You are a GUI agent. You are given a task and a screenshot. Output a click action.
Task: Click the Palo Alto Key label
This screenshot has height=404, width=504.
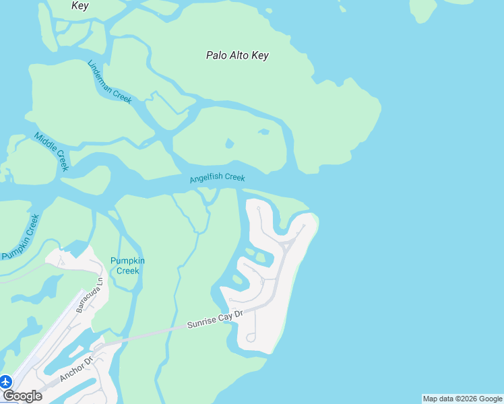(237, 55)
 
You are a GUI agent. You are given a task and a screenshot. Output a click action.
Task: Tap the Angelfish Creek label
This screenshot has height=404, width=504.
(217, 178)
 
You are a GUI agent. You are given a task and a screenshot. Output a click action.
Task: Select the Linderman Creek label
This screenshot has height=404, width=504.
(110, 81)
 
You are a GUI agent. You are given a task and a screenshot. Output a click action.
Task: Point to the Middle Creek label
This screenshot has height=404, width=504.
(52, 151)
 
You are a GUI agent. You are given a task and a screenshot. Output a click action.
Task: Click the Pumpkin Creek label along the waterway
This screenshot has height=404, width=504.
(21, 237)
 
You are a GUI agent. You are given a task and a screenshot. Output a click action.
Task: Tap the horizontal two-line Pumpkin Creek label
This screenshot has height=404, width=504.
(127, 265)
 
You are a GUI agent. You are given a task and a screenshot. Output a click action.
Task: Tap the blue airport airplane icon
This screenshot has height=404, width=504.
(6, 382)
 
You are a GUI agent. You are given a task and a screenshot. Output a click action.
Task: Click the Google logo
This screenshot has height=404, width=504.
(22, 396)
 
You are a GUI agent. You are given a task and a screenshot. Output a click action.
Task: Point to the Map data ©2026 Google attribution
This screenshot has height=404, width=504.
(463, 399)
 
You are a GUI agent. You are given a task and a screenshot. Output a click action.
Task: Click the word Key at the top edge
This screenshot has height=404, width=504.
(80, 5)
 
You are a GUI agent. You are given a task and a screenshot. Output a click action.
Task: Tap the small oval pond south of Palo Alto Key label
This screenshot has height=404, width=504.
(230, 143)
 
